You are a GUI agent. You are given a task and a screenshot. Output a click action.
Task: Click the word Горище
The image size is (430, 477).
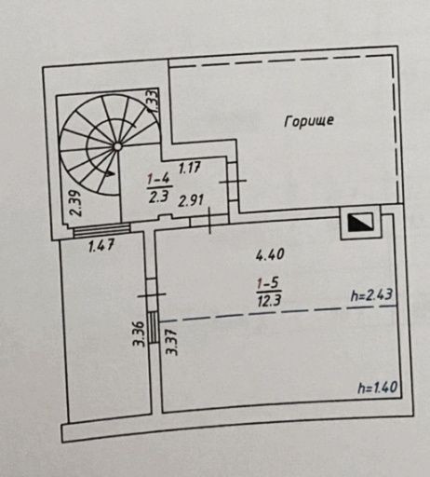tap(309, 121)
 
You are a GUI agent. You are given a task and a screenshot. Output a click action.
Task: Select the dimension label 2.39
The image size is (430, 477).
tap(76, 203)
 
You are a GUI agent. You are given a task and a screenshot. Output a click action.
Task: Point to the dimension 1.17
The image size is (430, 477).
tap(190, 168)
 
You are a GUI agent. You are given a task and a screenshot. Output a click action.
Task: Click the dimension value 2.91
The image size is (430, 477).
tap(191, 200)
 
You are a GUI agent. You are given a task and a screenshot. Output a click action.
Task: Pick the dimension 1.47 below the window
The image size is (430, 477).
tap(101, 245)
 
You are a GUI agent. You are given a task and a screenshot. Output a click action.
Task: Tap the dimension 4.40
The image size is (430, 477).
tap(270, 254)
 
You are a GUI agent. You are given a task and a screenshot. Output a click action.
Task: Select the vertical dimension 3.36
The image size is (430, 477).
tap(139, 334)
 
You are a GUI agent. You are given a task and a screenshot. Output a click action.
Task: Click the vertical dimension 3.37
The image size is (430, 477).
tap(171, 342)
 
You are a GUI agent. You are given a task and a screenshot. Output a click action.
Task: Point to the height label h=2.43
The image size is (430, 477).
tap(371, 295)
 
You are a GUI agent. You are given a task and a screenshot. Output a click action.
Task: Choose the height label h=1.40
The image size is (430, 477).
tap(378, 388)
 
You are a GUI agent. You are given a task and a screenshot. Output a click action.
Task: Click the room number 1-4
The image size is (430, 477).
tap(158, 180)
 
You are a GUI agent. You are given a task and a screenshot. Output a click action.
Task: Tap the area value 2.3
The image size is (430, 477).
tap(158, 197)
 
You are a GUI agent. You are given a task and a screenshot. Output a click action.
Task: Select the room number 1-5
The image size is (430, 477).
tap(269, 283)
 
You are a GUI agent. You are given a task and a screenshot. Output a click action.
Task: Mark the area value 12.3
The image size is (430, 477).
tap(269, 300)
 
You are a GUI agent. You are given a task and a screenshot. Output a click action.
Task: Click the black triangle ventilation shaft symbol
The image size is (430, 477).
tap(360, 223)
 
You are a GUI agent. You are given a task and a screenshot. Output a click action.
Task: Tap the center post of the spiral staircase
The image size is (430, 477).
tap(117, 146)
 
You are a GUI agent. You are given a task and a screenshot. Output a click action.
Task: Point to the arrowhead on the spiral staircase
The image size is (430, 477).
tap(109, 173)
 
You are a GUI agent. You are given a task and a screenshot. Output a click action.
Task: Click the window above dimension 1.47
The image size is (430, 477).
tap(101, 229)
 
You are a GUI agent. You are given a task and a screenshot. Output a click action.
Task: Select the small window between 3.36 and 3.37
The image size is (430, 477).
tap(153, 327)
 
